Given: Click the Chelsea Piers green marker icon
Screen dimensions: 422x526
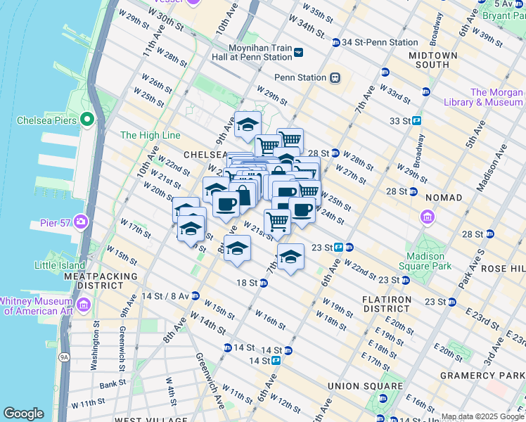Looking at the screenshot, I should [x=88, y=120].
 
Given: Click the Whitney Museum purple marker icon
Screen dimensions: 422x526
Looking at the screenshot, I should [x=84, y=305].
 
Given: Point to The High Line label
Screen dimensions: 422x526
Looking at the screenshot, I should [x=150, y=135].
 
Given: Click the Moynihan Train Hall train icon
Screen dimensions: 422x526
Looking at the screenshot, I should [x=299, y=51].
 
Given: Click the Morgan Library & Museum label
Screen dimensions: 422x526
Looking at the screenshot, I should [x=496, y=97].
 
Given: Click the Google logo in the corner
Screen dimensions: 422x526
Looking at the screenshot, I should [x=24, y=413].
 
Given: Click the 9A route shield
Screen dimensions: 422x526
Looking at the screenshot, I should [x=65, y=357].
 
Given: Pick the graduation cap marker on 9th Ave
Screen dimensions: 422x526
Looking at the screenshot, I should [x=247, y=124].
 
